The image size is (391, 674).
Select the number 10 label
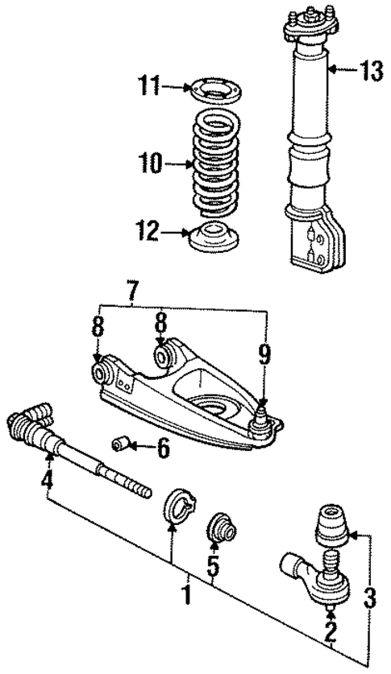pos(149,163)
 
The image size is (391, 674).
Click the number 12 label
pos(148,234)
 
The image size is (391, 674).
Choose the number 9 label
pos(264,351)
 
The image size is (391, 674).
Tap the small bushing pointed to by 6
pos(123,444)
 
